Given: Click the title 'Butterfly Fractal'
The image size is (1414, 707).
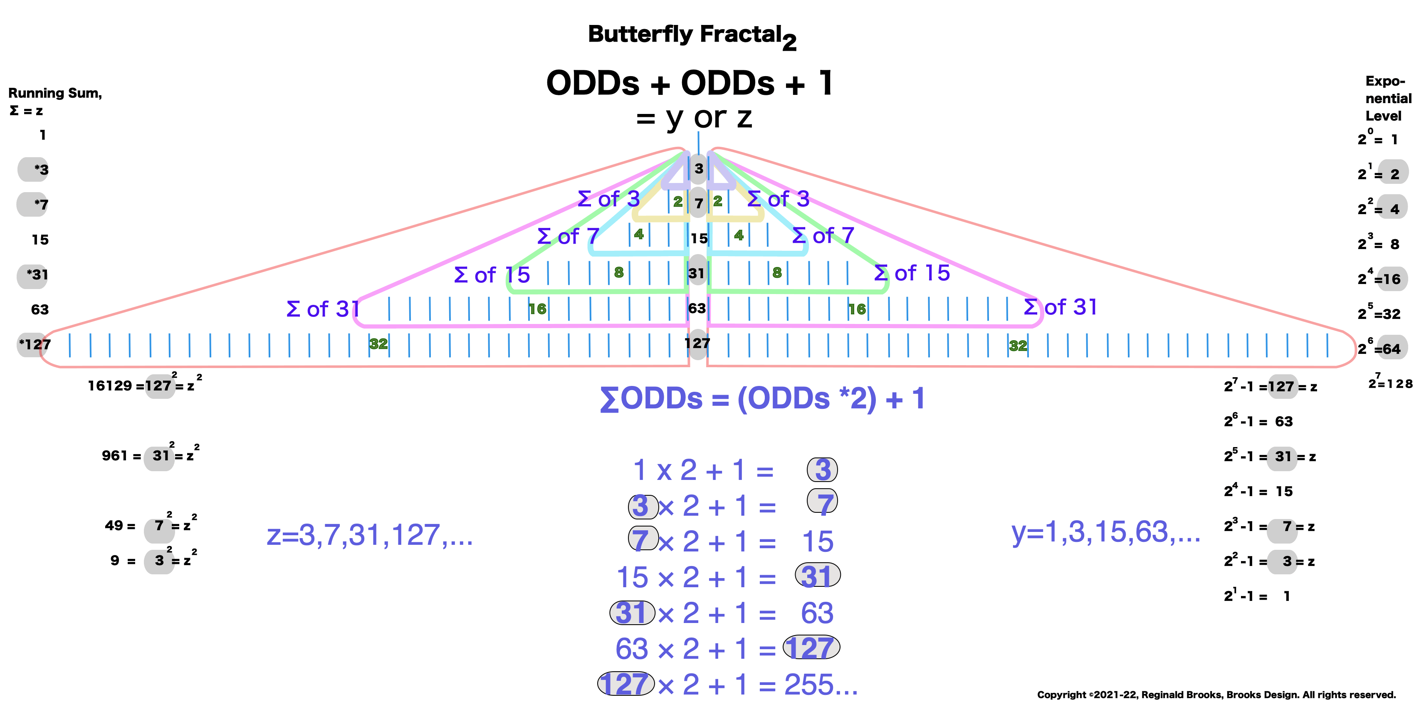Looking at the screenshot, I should (x=685, y=34).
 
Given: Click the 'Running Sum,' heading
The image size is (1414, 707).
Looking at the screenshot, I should (x=55, y=93).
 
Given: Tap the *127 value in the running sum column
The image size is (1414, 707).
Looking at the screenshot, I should (x=35, y=345).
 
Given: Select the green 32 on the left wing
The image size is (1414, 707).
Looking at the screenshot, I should (x=378, y=344).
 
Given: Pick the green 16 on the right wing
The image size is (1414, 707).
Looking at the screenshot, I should (x=856, y=309).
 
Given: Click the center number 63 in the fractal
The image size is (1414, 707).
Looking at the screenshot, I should (x=697, y=309).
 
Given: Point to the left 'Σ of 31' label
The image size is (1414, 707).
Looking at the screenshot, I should (x=323, y=309).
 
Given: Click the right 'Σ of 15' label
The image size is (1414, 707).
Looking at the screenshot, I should (x=912, y=273).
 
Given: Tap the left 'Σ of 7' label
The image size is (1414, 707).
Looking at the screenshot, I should (x=568, y=237).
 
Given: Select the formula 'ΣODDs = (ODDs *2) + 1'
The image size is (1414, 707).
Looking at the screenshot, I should (x=762, y=398).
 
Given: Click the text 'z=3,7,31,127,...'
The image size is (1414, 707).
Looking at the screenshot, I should (x=369, y=535).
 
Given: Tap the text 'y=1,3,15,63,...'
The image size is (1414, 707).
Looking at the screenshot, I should (x=1105, y=532).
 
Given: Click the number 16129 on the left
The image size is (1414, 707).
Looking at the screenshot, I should (x=110, y=386).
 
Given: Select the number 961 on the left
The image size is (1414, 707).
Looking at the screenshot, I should (x=114, y=455).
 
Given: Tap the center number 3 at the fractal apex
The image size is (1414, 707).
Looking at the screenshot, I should (x=698, y=168).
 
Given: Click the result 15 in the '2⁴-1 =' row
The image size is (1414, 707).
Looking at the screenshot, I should (x=1284, y=491).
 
